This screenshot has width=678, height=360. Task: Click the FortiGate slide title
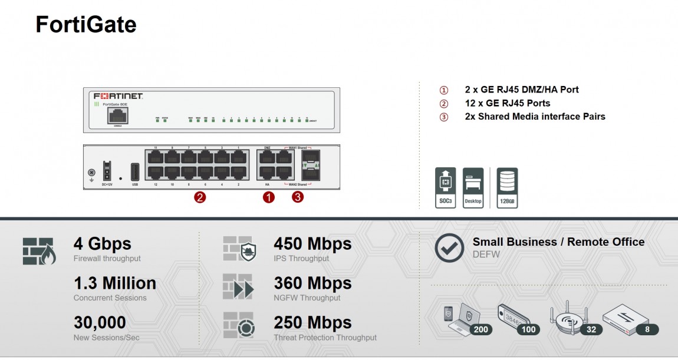click(x=86, y=25)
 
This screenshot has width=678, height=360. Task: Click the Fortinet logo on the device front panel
click(x=119, y=96)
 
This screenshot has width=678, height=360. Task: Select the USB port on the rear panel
click(x=134, y=171)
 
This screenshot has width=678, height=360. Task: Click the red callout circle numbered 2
click(x=200, y=198)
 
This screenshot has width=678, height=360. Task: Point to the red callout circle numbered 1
click(x=268, y=198)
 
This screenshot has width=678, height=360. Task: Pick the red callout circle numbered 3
click(x=298, y=198)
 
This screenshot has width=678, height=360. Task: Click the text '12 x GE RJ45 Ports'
click(x=508, y=103)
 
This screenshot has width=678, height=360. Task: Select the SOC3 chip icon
click(x=446, y=187)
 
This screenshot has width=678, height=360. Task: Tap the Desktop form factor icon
click(x=473, y=187)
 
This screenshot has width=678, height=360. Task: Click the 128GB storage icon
click(x=507, y=187)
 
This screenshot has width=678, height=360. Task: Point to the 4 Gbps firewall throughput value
click(x=103, y=244)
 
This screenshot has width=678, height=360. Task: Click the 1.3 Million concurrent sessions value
click(x=115, y=283)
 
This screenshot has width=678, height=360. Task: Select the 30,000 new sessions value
click(x=100, y=323)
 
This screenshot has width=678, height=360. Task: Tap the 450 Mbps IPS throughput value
click(x=312, y=244)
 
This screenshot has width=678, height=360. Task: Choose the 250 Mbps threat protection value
click(x=312, y=323)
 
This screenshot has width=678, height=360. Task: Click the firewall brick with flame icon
click(x=39, y=251)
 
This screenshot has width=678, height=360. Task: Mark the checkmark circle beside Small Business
click(x=449, y=248)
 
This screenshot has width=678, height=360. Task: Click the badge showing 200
click(x=481, y=329)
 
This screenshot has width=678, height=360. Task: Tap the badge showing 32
click(x=591, y=329)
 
